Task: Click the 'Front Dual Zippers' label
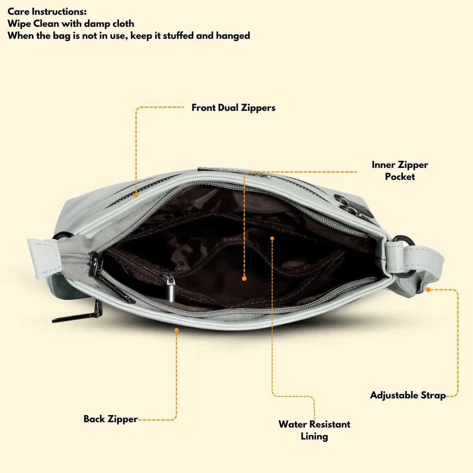(233, 108)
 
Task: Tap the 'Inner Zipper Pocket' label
(400, 170)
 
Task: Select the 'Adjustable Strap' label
(408, 395)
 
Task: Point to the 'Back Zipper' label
(110, 419)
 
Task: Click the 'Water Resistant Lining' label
(314, 430)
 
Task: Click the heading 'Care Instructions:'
(47, 11)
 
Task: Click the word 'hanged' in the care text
(233, 35)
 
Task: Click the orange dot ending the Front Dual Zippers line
(136, 195)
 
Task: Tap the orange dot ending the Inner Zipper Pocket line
(244, 278)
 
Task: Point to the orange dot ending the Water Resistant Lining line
(272, 238)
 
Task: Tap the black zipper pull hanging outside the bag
(75, 315)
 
